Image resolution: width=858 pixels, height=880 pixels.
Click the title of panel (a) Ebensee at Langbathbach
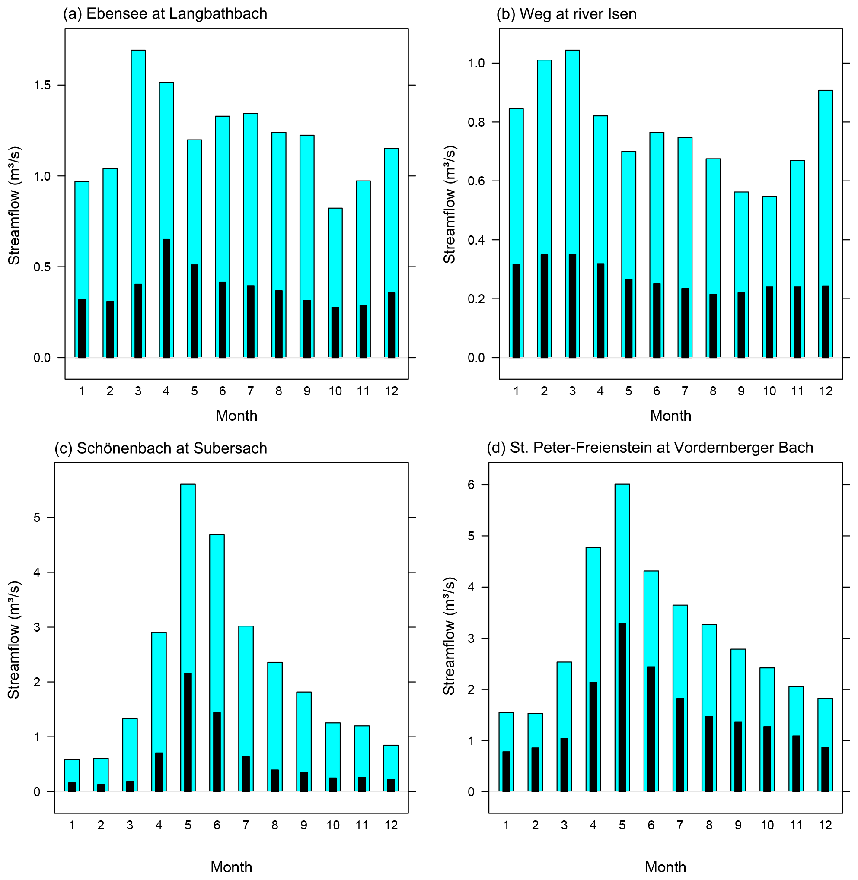[x=165, y=14]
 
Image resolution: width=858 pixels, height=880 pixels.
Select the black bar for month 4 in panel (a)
[x=166, y=298]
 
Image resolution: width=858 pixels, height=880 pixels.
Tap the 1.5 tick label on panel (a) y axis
[x=42, y=86]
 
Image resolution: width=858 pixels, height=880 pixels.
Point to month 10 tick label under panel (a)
[x=335, y=391]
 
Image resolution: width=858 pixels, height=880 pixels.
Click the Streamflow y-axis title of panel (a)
[x=14, y=205]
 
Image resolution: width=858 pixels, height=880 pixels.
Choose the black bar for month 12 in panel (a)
[x=392, y=325]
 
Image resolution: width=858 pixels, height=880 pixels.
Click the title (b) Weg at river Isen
[x=566, y=14]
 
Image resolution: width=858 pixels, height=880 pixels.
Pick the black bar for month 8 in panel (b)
[x=713, y=326]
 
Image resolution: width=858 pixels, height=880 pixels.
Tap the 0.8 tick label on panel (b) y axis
[x=476, y=123]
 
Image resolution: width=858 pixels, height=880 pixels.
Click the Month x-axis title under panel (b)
[x=670, y=416]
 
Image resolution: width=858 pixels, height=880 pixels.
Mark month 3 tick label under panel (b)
[x=572, y=391]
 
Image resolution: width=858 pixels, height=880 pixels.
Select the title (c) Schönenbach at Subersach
[x=160, y=448]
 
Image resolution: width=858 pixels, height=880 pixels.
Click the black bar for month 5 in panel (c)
[x=188, y=732]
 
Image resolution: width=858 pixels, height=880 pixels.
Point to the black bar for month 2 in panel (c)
[x=101, y=788]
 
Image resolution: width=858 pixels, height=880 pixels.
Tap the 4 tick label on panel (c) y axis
[x=37, y=572]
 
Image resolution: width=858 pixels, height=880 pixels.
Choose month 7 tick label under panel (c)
[x=246, y=826]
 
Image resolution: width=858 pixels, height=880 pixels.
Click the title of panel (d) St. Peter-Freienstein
[x=650, y=448]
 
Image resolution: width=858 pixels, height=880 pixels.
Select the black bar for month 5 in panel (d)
[x=622, y=707]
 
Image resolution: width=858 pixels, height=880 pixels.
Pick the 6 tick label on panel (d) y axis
[x=471, y=485]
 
